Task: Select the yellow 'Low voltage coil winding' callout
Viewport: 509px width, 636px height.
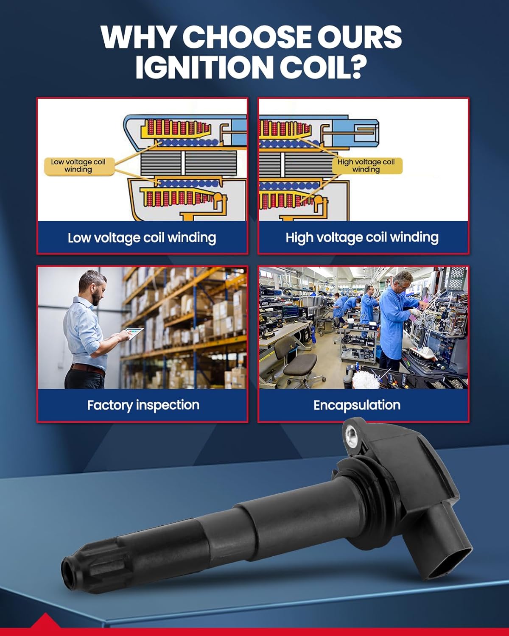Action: (x=78, y=166)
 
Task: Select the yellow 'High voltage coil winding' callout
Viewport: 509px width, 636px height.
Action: (x=366, y=166)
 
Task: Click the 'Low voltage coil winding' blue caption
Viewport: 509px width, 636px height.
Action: (x=142, y=237)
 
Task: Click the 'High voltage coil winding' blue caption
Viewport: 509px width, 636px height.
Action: (x=362, y=237)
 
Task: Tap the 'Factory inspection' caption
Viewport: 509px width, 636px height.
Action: (x=143, y=405)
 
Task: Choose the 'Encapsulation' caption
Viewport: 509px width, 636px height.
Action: (x=357, y=405)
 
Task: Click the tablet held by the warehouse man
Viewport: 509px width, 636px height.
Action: (x=135, y=334)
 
